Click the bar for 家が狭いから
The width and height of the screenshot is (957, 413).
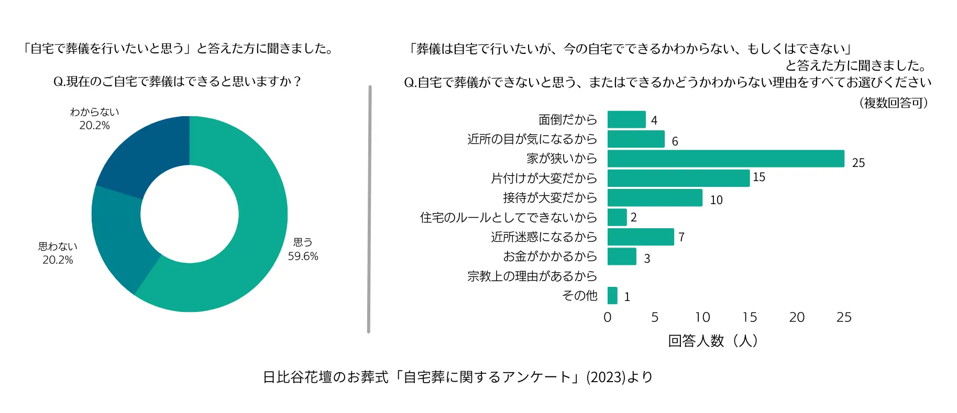[x=725, y=159]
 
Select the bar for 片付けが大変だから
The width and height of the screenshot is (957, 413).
[x=678, y=178]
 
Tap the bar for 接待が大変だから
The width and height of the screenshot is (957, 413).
[x=655, y=198]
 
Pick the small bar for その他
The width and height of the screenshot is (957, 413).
[x=612, y=296]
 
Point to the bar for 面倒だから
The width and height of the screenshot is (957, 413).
[x=626, y=119]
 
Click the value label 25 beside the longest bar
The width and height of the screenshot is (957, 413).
[x=858, y=163]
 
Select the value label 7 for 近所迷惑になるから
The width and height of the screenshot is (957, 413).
[x=681, y=237]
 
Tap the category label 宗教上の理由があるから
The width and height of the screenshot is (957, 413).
[x=532, y=276]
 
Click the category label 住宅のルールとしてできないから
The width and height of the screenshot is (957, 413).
[x=508, y=217]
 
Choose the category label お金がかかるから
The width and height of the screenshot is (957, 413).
[x=550, y=256]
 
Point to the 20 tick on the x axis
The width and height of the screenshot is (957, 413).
[x=797, y=317]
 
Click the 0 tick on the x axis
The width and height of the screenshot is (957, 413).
[x=608, y=317]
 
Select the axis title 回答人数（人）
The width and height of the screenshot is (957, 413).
[x=713, y=341]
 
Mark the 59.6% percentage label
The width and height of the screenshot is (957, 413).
[x=303, y=256]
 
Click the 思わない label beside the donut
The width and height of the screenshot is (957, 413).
[x=58, y=246]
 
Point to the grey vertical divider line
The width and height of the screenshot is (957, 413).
[x=369, y=209]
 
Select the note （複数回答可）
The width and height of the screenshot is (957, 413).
[x=894, y=103]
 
